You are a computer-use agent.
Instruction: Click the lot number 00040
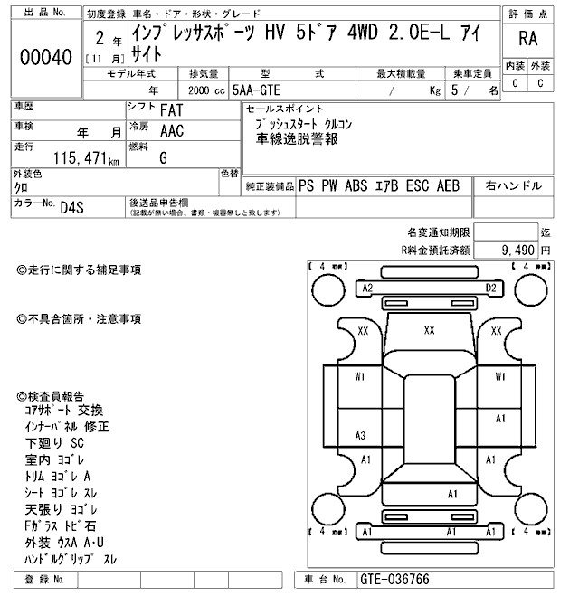pos(45,57)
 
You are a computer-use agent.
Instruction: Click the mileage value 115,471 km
pos(86,158)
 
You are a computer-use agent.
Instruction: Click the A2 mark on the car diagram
pos(366,288)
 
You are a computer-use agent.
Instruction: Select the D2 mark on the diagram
pos(491,288)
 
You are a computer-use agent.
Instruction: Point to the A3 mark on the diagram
pos(360,436)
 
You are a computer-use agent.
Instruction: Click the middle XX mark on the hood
pos(429,330)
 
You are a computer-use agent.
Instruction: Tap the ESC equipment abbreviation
pos(418,185)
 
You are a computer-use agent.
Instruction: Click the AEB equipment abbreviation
pos(449,185)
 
